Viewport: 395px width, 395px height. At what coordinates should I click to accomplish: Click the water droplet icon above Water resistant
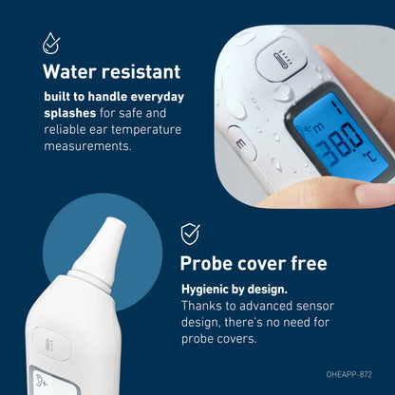[50, 43]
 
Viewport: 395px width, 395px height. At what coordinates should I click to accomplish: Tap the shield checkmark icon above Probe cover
[191, 234]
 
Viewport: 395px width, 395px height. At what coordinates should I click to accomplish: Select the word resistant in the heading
[141, 72]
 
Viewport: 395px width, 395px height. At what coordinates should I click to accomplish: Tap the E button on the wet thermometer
[242, 141]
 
